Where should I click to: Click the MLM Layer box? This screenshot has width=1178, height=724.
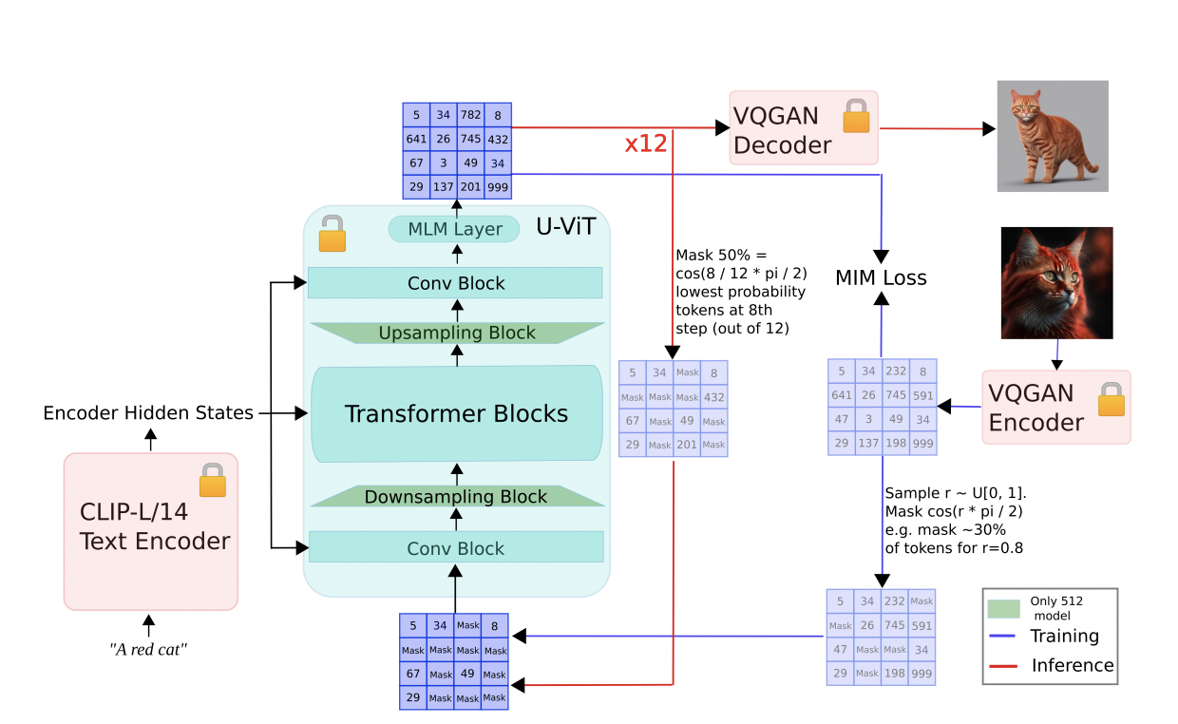[454, 229]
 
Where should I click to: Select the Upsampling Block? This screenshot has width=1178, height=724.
[457, 333]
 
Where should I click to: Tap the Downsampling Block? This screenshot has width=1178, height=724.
[456, 497]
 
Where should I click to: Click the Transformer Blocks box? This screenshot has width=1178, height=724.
[456, 414]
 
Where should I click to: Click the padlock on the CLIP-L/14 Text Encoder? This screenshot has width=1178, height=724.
[213, 481]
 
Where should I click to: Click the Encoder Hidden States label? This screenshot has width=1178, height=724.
[148, 413]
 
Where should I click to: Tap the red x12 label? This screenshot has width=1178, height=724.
[646, 144]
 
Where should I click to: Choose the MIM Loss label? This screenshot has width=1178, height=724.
[881, 278]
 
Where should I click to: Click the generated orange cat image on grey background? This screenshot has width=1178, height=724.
[1053, 136]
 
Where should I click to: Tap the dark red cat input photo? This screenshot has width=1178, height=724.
[1056, 283]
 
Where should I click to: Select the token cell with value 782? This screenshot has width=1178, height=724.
[470, 115]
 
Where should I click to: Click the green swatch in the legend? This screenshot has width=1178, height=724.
[1004, 608]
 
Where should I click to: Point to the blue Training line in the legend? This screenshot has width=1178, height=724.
[1004, 637]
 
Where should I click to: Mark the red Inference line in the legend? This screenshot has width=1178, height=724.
[1004, 666]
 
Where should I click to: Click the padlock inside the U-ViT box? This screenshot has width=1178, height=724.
[332, 234]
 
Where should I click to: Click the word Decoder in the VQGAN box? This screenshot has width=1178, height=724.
[783, 145]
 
